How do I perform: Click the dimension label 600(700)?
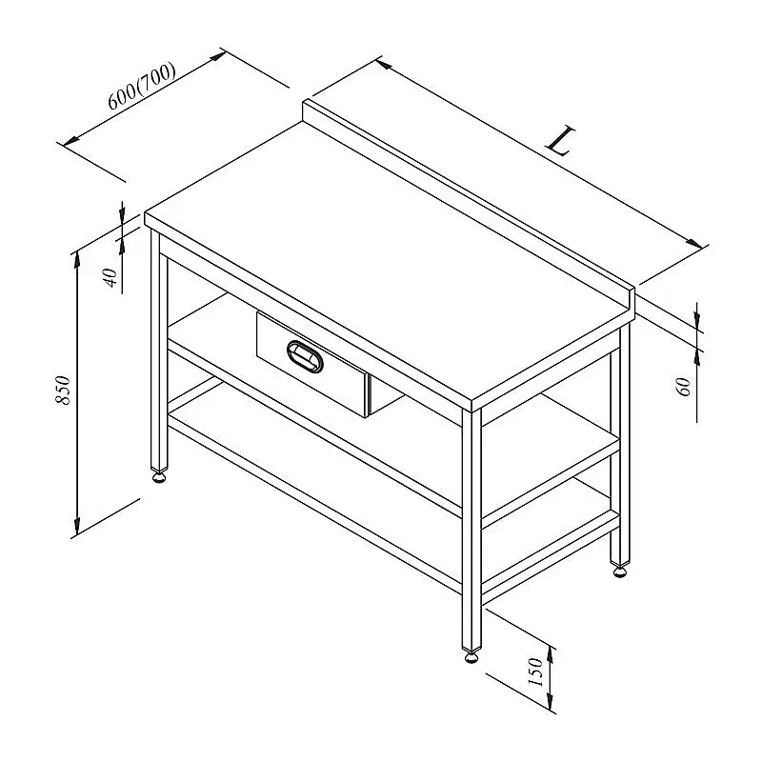click(141, 87)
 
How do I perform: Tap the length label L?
click(561, 141)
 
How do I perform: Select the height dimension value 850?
click(63, 390)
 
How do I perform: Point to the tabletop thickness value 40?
click(111, 277)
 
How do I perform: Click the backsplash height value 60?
click(683, 387)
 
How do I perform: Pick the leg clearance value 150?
click(534, 672)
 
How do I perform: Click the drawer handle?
click(305, 357)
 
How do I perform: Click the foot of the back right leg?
click(620, 570)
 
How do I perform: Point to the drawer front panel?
click(311, 364)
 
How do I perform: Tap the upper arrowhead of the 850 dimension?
click(77, 260)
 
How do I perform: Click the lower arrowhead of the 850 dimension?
click(77, 527)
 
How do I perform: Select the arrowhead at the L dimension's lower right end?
click(693, 244)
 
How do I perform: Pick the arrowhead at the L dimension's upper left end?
click(384, 64)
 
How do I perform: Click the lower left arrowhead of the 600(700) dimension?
click(71, 140)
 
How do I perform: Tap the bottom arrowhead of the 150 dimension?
click(551, 700)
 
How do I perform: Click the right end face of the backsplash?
click(632, 305)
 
